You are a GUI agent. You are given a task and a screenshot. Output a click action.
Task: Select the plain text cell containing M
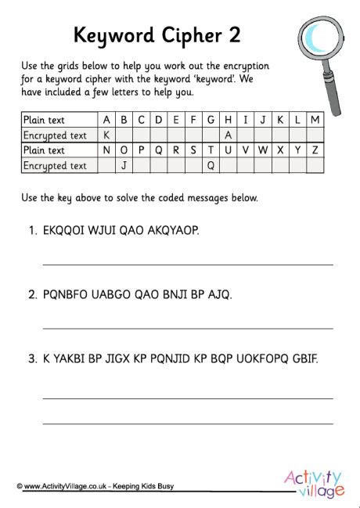click(315, 120)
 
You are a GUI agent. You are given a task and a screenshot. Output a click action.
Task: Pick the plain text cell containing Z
click(315, 150)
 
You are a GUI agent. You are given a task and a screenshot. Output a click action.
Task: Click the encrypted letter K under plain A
click(106, 135)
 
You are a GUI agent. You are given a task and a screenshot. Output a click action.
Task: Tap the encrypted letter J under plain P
click(124, 165)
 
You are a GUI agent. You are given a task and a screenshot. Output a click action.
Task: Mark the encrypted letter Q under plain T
click(211, 165)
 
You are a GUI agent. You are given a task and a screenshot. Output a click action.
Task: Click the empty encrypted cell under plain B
click(124, 135)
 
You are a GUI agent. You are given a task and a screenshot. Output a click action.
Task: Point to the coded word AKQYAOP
click(171, 230)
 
